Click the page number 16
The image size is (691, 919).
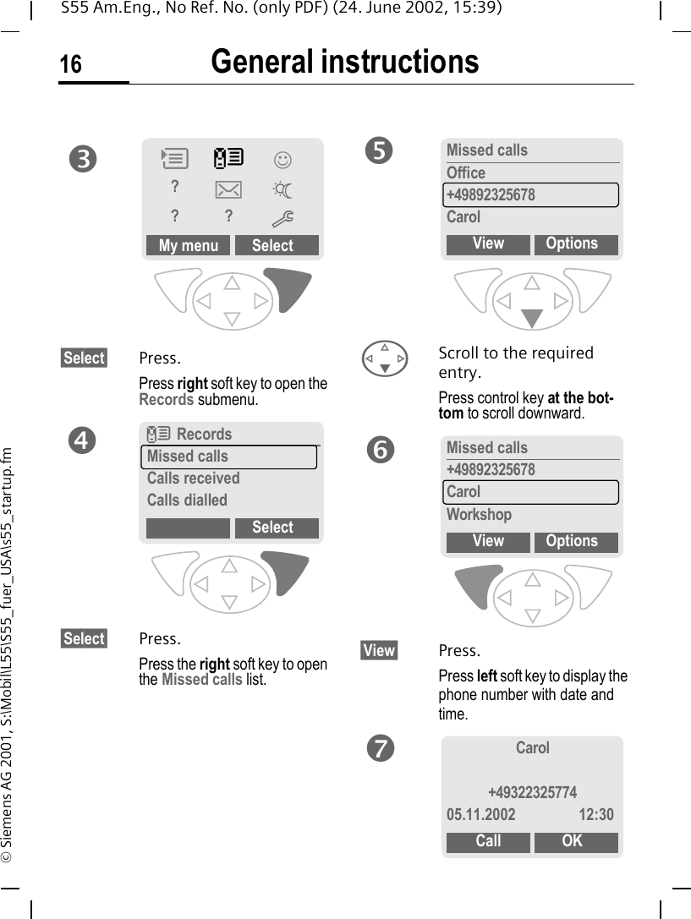71,64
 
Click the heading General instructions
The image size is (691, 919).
344,62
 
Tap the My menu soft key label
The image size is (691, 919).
188,246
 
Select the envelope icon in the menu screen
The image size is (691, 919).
228,189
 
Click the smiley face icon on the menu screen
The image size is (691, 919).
282,159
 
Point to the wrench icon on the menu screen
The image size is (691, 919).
282,219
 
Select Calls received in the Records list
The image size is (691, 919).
193,479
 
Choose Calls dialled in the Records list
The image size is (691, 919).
187,501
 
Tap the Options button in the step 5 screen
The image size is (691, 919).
572,243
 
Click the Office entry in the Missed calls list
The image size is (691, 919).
466,173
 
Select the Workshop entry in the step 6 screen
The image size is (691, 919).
479,515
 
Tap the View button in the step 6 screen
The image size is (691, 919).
488,541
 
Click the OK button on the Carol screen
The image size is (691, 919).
572,841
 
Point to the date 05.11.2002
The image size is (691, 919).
480,815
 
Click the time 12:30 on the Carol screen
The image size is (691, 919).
596,815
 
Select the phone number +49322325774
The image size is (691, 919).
532,793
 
